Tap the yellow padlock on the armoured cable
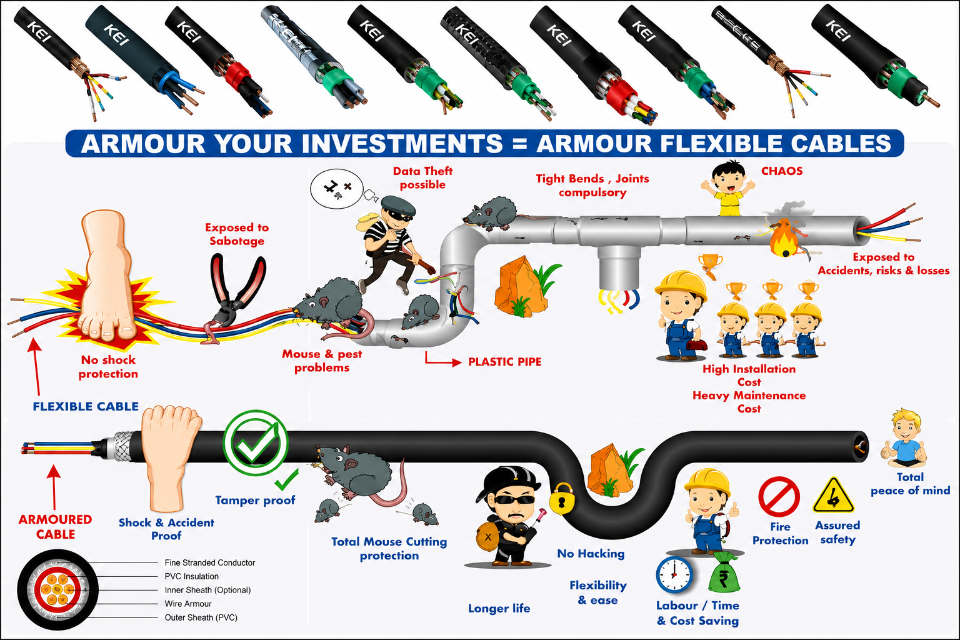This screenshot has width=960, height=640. point(562,497)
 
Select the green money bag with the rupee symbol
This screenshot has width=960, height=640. point(724,573)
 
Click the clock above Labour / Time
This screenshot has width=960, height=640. point(674,575)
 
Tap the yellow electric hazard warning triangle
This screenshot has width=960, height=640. point(834,496)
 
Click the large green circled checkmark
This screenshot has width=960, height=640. point(256,443)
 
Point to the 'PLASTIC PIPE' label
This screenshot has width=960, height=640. point(504,362)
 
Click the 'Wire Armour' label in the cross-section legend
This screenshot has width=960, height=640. point(188,604)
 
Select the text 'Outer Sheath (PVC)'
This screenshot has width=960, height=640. point(201,617)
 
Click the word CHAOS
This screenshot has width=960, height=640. point(782,171)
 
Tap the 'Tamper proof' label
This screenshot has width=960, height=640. point(255,500)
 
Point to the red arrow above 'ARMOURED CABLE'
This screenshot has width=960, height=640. point(54,487)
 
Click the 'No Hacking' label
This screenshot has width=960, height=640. point(591,553)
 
